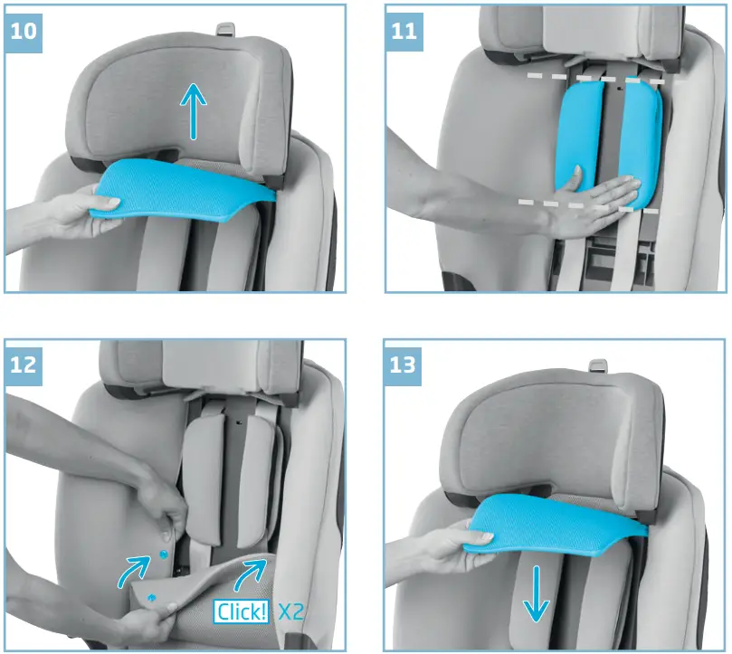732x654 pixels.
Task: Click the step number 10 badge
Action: click(x=24, y=29)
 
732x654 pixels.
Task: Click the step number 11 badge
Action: click(x=404, y=29)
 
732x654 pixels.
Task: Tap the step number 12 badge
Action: click(x=24, y=365)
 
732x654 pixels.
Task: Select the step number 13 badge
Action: click(x=404, y=365)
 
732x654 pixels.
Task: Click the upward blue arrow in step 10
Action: click(x=193, y=110)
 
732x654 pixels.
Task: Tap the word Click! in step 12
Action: click(x=242, y=611)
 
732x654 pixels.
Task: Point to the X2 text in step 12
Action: click(x=290, y=611)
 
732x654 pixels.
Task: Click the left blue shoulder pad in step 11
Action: click(x=579, y=136)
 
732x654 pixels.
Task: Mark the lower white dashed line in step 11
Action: click(x=588, y=205)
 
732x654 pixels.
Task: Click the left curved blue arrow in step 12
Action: click(x=134, y=569)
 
